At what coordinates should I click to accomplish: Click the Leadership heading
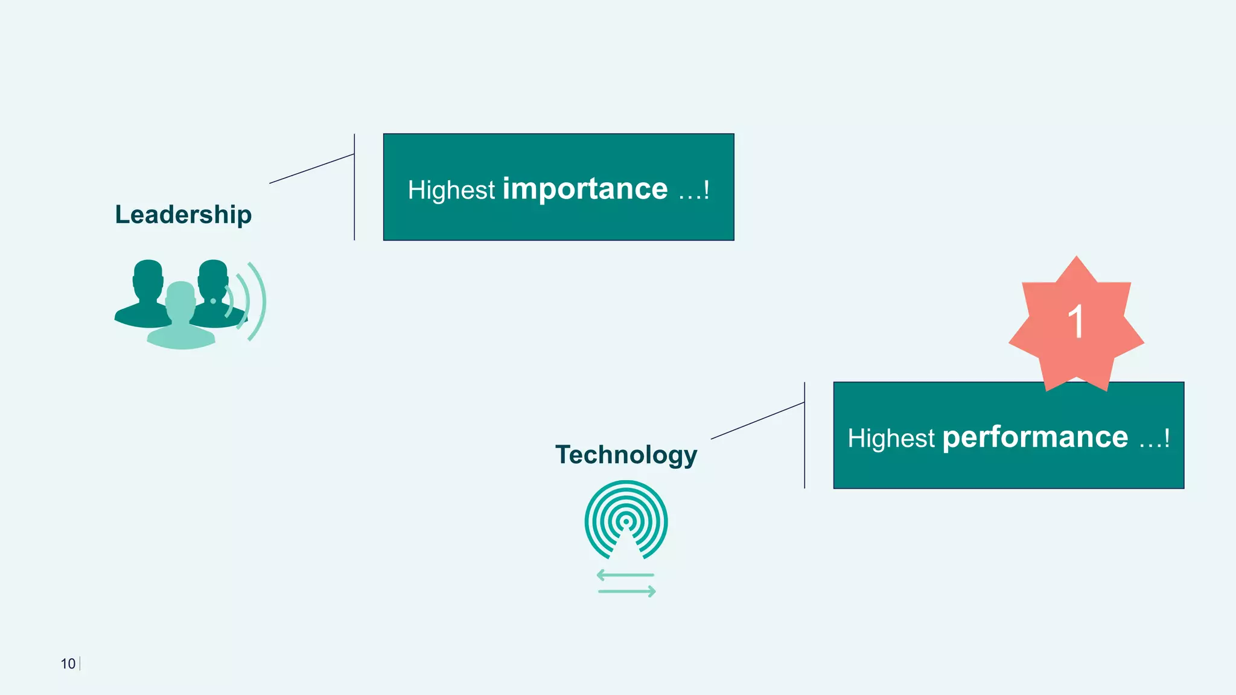(x=183, y=215)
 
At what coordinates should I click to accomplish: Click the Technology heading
(x=626, y=455)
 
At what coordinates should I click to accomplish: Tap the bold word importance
(x=585, y=189)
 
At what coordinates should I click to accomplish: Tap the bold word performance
(x=1035, y=437)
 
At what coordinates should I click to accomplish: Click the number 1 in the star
(x=1076, y=322)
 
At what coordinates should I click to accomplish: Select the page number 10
(x=68, y=664)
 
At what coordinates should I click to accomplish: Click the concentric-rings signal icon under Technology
(x=626, y=519)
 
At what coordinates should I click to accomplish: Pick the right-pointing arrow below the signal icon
(x=627, y=592)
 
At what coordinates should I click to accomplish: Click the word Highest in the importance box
(x=451, y=191)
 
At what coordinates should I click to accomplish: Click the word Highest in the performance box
(x=891, y=439)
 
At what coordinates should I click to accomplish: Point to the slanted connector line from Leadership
(x=311, y=168)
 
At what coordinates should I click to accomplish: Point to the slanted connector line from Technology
(x=757, y=420)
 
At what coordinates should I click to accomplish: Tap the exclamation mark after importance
(x=706, y=190)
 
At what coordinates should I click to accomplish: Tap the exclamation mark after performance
(x=1167, y=438)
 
